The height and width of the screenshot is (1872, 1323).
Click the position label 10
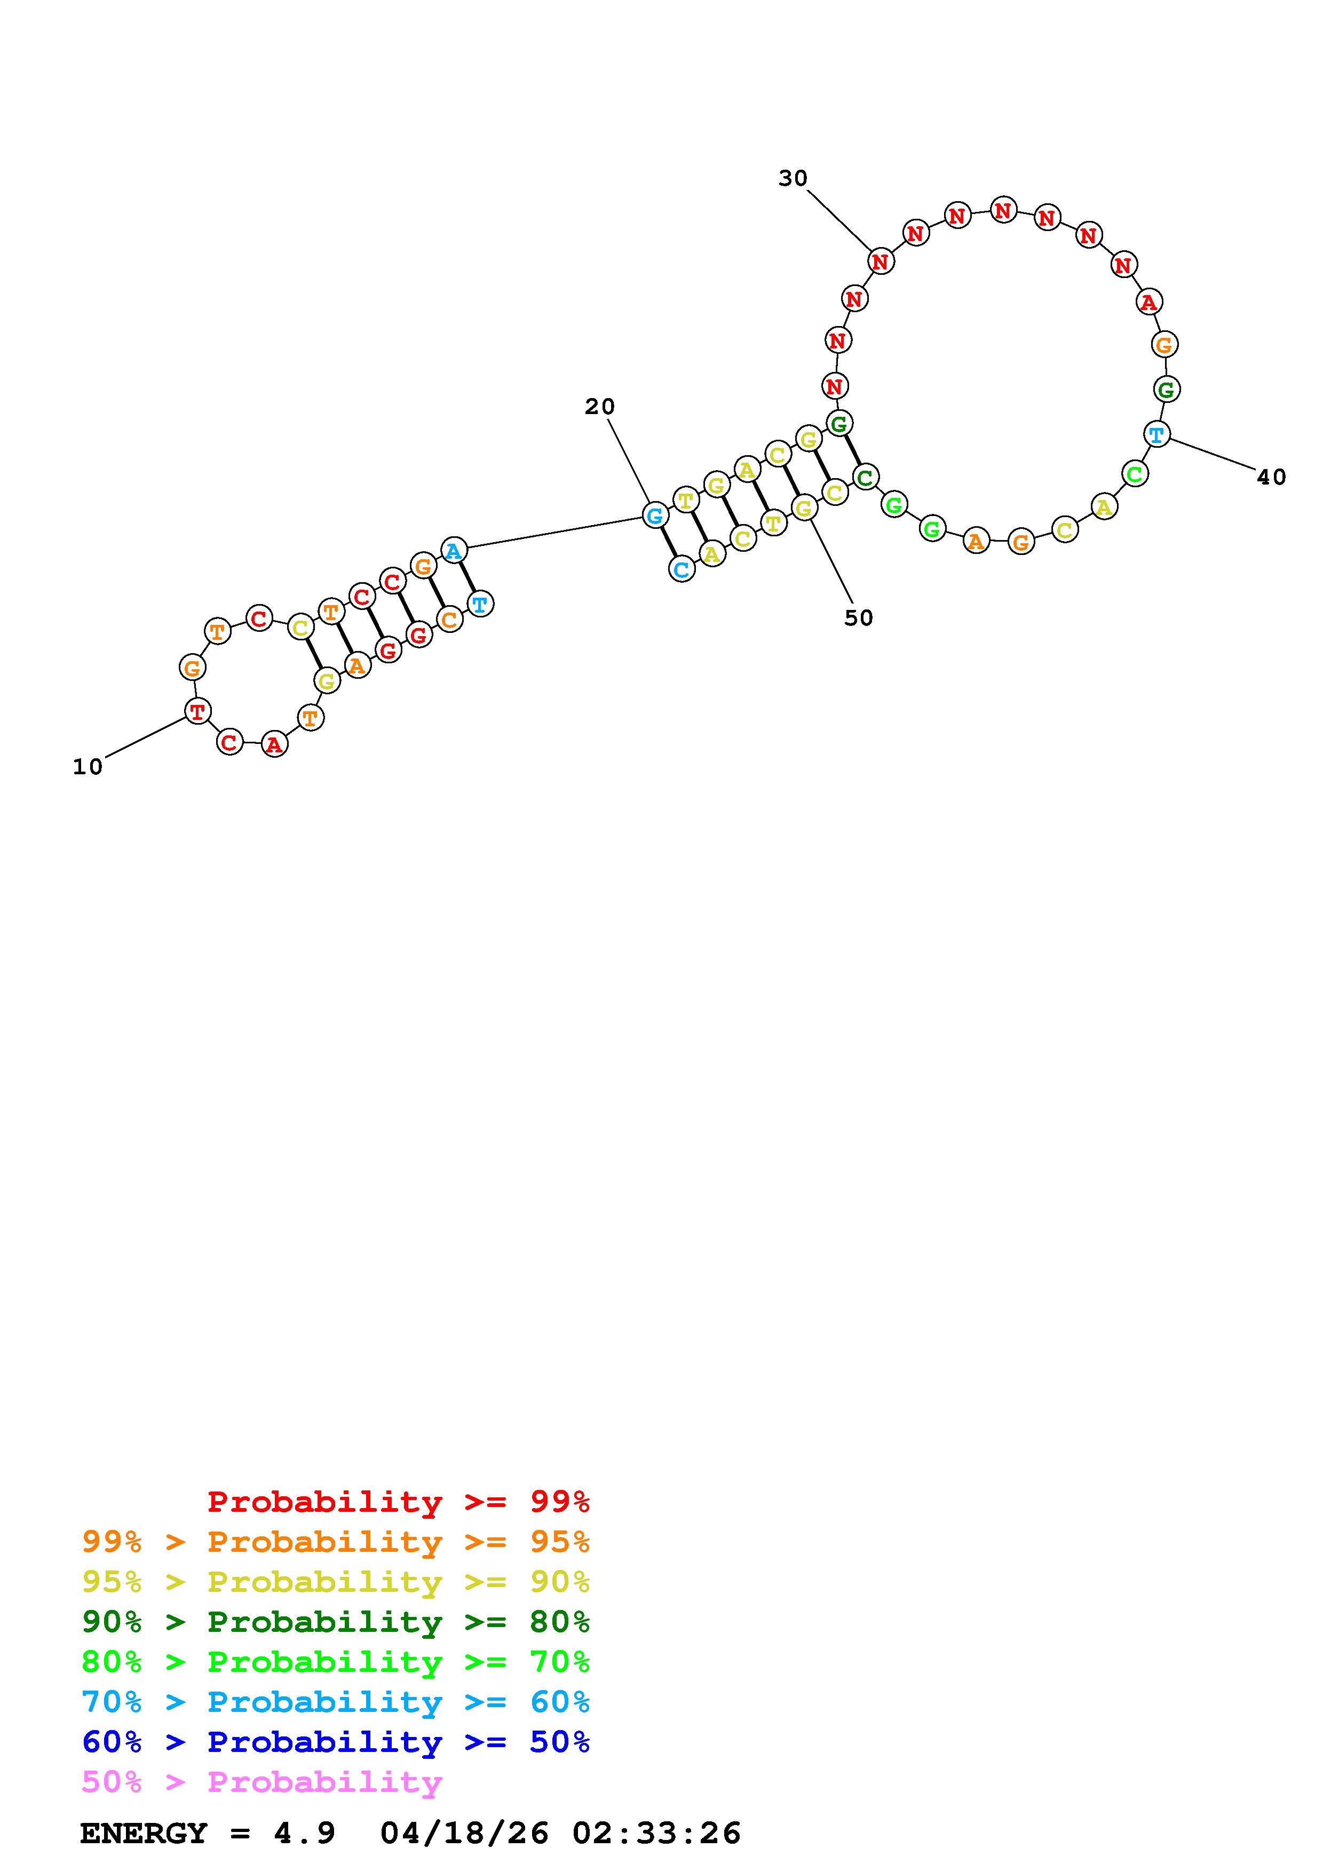pyautogui.click(x=88, y=767)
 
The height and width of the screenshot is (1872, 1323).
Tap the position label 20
pyautogui.click(x=600, y=406)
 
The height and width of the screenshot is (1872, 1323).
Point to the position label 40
pyautogui.click(x=1271, y=477)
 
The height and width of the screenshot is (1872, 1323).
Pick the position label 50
pyautogui.click(x=858, y=618)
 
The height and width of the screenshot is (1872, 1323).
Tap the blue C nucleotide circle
pyautogui.click(x=682, y=569)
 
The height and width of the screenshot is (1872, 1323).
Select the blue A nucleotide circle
pyautogui.click(x=454, y=550)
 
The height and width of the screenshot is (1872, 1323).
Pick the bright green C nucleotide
pyautogui.click(x=1134, y=473)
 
